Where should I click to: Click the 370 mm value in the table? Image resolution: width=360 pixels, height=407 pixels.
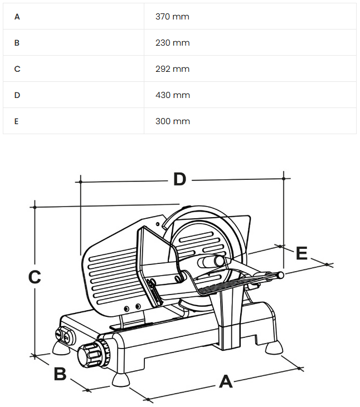tap(172, 17)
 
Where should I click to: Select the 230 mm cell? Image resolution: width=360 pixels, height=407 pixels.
tap(172, 43)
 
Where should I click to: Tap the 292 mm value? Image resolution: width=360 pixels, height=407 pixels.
tap(172, 69)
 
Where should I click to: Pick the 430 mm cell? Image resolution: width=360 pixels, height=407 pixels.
tap(172, 95)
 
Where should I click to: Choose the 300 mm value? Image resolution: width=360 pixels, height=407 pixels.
tap(172, 121)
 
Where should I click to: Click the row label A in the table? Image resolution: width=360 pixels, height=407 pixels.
tap(17, 17)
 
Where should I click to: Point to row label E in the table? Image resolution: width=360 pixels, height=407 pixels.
tap(17, 121)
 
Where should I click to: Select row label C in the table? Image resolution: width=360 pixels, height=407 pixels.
tap(17, 69)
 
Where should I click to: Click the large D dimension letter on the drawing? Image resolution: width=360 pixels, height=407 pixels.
tap(179, 179)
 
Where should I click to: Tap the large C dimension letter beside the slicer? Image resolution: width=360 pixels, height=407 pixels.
tap(35, 277)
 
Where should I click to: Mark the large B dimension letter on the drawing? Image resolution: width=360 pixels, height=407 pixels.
tap(60, 374)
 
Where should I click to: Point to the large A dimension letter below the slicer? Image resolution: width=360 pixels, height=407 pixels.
tap(225, 381)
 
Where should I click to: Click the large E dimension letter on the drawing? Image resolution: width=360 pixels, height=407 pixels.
tap(301, 253)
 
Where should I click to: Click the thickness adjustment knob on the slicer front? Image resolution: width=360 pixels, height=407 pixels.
tap(93, 355)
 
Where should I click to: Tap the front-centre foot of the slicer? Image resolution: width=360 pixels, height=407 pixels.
tap(120, 380)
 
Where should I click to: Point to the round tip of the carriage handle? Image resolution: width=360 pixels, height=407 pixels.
tap(280, 274)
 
